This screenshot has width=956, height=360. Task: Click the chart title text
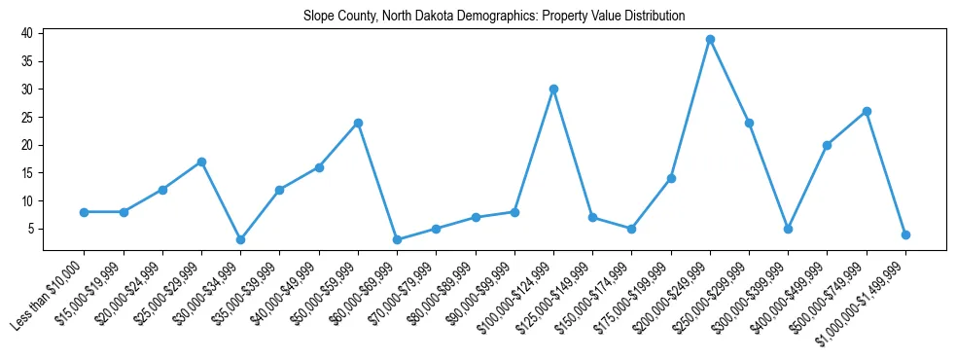pos(494,16)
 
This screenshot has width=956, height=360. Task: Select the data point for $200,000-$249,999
pos(710,39)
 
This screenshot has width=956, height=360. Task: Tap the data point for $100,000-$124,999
pos(553,89)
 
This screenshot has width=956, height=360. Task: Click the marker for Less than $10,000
pos(85,212)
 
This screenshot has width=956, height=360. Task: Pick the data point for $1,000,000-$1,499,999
pos(905,234)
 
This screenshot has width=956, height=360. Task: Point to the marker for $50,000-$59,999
pos(358,123)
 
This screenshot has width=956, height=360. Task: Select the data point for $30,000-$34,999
pos(240,239)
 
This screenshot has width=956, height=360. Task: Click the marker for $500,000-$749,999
pos(867,111)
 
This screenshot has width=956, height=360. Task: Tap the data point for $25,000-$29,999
pos(201,162)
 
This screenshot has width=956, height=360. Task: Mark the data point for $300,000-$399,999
pos(788,229)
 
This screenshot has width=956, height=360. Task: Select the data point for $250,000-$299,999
pos(749,123)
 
